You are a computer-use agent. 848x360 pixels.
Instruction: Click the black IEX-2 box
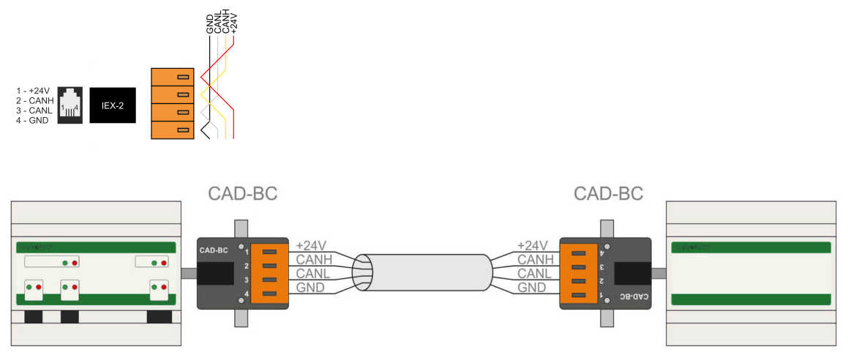[x=113, y=105]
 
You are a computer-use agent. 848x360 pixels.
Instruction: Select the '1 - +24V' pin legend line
[x=33, y=91]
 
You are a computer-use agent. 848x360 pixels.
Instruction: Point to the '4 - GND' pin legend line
[x=32, y=120]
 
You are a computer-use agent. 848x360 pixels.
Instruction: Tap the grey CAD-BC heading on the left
[x=243, y=194]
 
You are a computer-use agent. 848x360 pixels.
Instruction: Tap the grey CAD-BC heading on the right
[x=609, y=194]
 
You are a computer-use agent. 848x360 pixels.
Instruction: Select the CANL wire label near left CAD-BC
[x=313, y=273]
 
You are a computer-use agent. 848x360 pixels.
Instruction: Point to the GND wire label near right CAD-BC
[x=532, y=288]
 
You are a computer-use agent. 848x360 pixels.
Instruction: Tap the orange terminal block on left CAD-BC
[x=270, y=273]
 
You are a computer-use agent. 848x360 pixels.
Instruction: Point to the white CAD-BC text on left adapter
[x=213, y=250]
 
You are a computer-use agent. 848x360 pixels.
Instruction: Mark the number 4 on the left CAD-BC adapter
[x=247, y=294]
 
